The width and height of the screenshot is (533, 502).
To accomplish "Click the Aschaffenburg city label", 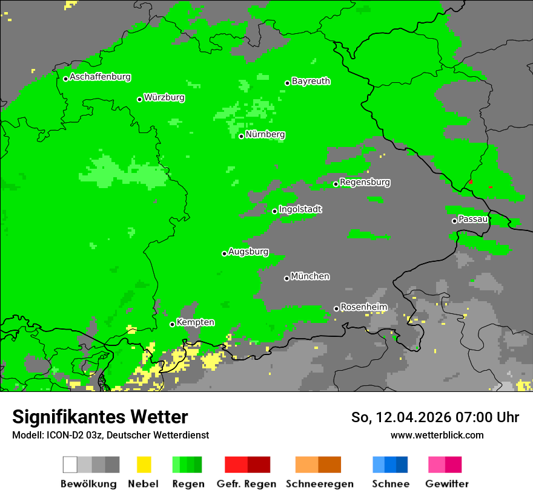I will (100, 77).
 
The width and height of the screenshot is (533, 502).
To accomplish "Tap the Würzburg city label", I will (164, 97).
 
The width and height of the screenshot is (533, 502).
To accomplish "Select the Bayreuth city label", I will (311, 81).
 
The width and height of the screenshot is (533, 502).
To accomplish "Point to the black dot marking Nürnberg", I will (241, 136).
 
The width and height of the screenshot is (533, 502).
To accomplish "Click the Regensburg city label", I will (365, 182).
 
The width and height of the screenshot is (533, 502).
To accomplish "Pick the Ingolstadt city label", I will (300, 209).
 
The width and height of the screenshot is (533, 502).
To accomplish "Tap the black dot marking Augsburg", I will (224, 253).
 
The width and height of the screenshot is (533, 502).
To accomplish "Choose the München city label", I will (310, 276).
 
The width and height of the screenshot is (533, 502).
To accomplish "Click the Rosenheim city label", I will (363, 307).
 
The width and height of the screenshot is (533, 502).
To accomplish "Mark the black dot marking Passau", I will (454, 221).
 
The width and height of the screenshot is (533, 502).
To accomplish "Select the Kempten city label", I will (195, 322).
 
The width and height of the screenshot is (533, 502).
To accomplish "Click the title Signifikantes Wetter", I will (100, 417).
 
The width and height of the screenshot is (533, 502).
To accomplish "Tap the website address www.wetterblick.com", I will (437, 435).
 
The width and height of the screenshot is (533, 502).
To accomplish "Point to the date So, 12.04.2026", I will (402, 417).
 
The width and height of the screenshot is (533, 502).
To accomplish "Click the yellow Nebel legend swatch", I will (144, 465).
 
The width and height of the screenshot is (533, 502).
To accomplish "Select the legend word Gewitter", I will (446, 484).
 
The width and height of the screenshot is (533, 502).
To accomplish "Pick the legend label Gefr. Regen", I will (247, 484).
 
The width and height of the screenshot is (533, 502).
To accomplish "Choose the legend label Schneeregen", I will (319, 484).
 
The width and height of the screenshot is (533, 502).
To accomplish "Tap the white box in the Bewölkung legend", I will (70, 465).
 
